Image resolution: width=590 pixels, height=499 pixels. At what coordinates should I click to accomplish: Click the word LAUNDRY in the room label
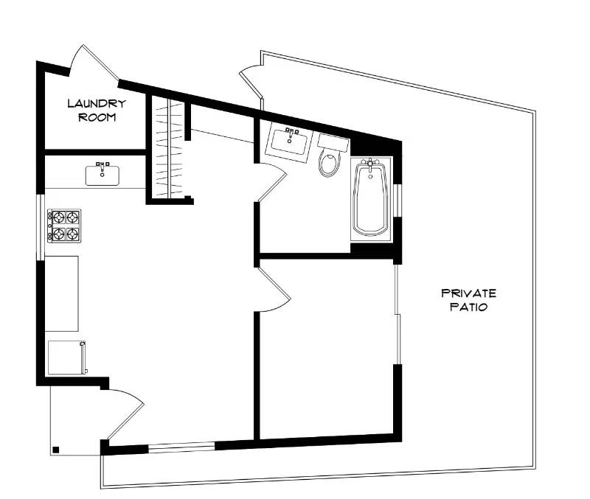click(x=96, y=104)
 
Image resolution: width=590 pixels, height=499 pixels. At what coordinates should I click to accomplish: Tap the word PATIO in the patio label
click(x=468, y=307)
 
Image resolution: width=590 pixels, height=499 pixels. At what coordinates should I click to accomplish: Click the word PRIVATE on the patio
click(x=468, y=293)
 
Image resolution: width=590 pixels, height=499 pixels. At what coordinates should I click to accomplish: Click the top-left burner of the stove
click(x=56, y=217)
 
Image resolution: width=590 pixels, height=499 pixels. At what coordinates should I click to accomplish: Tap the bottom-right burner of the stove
click(x=72, y=234)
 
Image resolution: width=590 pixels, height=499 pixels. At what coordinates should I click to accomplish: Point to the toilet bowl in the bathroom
click(x=330, y=163)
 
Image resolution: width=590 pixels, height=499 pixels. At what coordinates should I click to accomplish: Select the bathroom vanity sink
click(x=288, y=142)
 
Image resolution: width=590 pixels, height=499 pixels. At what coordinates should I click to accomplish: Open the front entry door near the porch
click(x=124, y=413)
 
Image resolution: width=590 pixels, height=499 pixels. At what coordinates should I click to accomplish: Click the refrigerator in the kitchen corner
click(x=66, y=357)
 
